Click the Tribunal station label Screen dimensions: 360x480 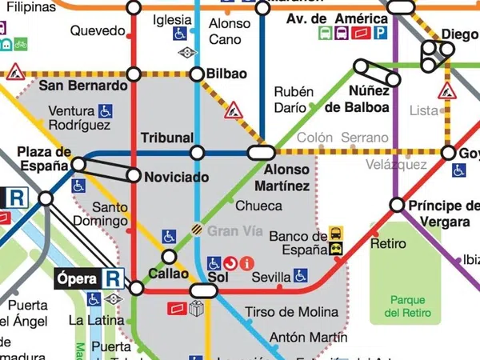tap(167, 138)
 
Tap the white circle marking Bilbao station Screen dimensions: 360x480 tap(197, 74)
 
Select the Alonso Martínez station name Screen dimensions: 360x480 tap(286, 178)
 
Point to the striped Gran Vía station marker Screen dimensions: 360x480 tap(196, 228)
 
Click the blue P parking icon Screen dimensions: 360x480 tap(381, 34)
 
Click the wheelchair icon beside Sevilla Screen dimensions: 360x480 tap(300, 275)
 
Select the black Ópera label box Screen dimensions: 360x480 tap(78, 278)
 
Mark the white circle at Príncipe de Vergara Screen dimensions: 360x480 tap(396, 205)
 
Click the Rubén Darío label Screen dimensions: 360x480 tap(289, 99)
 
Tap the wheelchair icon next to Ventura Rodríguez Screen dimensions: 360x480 tap(106, 111)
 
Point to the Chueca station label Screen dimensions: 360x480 tap(258, 206)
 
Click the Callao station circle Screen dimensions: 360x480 tap(169, 257)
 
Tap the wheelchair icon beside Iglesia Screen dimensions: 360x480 tap(180, 34)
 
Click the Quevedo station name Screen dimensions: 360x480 tap(98, 31)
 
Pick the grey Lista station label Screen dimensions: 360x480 tap(424, 110)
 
